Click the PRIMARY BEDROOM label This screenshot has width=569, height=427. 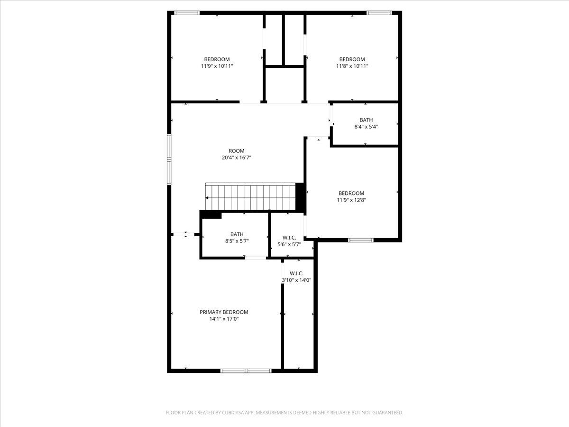pyautogui.click(x=224, y=312)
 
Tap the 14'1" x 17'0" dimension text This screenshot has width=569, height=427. pyautogui.click(x=224, y=319)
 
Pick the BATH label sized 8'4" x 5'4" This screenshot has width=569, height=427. pyautogui.click(x=366, y=120)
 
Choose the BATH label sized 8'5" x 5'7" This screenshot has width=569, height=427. pyautogui.click(x=237, y=234)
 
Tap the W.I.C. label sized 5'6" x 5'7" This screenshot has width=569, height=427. pyautogui.click(x=289, y=237)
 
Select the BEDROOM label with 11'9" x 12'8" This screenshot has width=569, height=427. pyautogui.click(x=351, y=193)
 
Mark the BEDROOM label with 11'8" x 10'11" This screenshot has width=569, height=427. pyautogui.click(x=352, y=59)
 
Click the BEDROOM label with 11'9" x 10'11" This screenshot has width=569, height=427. pyautogui.click(x=217, y=59)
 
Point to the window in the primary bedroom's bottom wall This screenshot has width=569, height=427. pyautogui.click(x=246, y=371)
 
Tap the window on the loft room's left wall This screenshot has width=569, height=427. pyautogui.click(x=169, y=159)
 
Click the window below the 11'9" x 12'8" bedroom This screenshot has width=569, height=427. pyautogui.click(x=361, y=240)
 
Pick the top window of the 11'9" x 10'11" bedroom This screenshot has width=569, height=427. pyautogui.click(x=187, y=13)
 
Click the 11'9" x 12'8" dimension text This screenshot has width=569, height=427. pyautogui.click(x=351, y=200)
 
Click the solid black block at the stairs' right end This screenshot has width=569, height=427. pyautogui.click(x=300, y=196)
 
